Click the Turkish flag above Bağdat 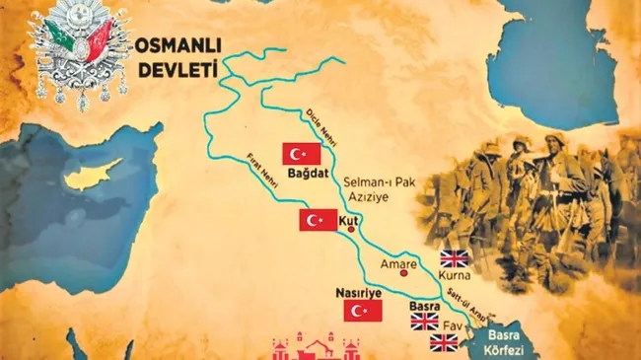tap(303, 154)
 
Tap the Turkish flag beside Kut tap(319, 220)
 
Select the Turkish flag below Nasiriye tap(362, 311)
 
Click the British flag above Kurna tap(455, 258)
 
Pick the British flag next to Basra tap(424, 321)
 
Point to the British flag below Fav tap(444, 342)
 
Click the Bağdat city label tap(304, 176)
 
